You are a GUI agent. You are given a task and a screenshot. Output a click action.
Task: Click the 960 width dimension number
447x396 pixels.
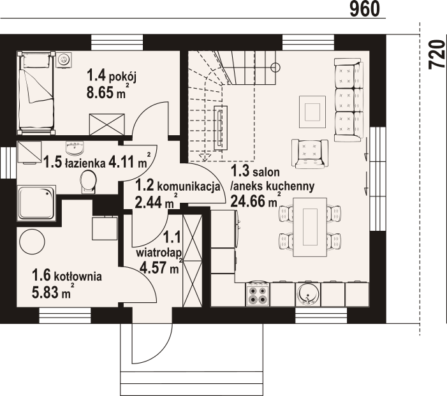[x=365, y=9]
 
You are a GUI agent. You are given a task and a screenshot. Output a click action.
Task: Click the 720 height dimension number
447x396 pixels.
[x=437, y=54]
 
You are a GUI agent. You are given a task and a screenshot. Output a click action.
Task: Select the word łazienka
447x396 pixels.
[x=84, y=163]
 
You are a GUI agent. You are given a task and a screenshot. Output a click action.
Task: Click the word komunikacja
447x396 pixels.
[x=189, y=187]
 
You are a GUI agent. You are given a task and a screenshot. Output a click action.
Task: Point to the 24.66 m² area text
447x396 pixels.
[x=256, y=200]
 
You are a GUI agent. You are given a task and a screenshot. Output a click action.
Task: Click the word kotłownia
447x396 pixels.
[x=78, y=276]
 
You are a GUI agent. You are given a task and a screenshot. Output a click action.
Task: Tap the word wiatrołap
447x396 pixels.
[x=159, y=253]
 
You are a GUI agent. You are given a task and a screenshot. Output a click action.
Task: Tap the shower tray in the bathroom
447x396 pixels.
[x=36, y=203]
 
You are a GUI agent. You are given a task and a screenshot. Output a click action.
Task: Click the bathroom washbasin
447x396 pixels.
[x=75, y=148]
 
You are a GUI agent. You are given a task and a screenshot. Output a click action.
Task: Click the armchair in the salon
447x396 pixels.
[x=310, y=153]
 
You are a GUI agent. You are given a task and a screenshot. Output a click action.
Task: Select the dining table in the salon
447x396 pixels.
[x=310, y=227]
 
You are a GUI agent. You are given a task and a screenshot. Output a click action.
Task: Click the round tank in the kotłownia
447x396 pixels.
[x=32, y=242]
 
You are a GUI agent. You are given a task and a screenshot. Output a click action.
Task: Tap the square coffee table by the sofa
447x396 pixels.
[x=312, y=112]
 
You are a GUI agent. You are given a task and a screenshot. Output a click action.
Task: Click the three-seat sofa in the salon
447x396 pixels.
[x=349, y=100]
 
